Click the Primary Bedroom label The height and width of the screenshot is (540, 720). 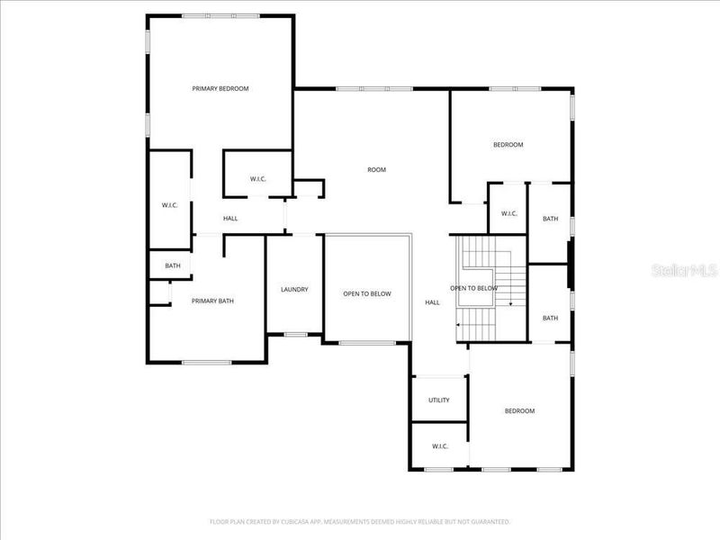pyautogui.click(x=220, y=88)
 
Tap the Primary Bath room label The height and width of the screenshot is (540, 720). pyautogui.click(x=212, y=301)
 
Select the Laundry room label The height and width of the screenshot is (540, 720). pyautogui.click(x=294, y=289)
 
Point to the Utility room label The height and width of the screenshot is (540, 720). pyautogui.click(x=438, y=400)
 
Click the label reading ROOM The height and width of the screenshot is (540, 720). pyautogui.click(x=376, y=169)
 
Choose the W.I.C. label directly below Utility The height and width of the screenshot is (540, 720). pyautogui.click(x=439, y=446)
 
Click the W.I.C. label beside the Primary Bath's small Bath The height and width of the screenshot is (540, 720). pyautogui.click(x=170, y=205)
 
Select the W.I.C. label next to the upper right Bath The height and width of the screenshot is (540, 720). pyautogui.click(x=508, y=213)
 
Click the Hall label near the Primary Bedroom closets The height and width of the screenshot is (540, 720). pyautogui.click(x=230, y=218)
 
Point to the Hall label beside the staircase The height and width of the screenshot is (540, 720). pyautogui.click(x=432, y=302)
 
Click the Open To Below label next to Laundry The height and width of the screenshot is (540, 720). pyautogui.click(x=366, y=293)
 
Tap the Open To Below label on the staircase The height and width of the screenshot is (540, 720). pyautogui.click(x=473, y=288)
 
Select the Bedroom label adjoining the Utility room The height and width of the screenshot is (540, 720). pyautogui.click(x=519, y=411)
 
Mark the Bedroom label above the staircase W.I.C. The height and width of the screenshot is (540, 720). pyautogui.click(x=508, y=145)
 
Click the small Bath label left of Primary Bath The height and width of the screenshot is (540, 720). pyautogui.click(x=172, y=265)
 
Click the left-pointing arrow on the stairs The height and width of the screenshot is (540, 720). pyautogui.click(x=460, y=325)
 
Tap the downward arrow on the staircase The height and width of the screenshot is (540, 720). pyautogui.click(x=511, y=304)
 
